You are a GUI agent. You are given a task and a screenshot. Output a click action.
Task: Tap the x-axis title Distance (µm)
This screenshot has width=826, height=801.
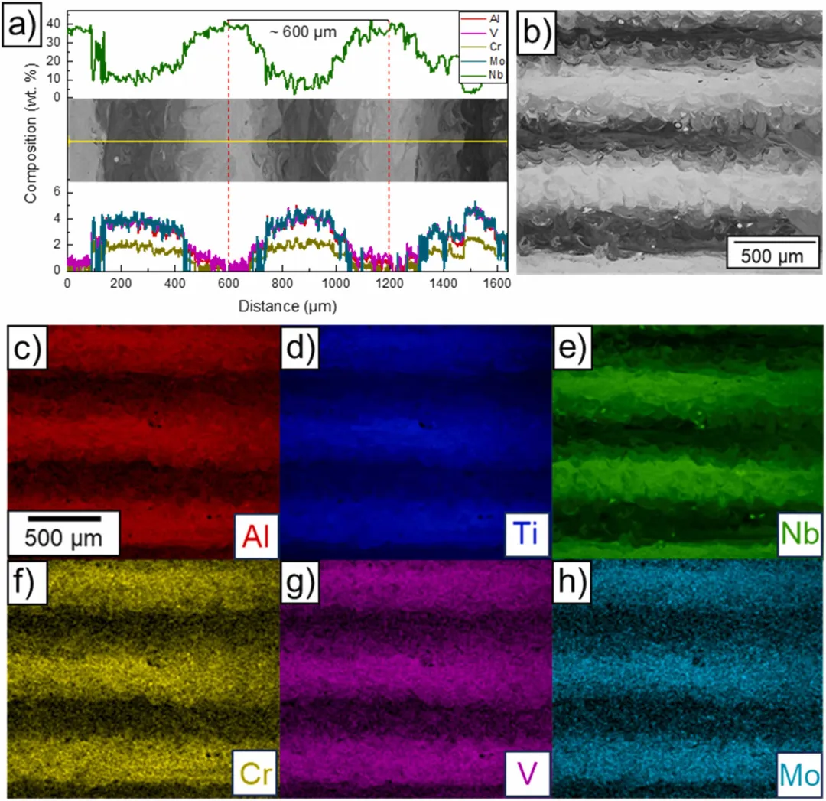pyautogui.click(x=286, y=305)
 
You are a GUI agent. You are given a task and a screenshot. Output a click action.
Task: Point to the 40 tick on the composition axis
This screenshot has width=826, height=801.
pyautogui.click(x=54, y=24)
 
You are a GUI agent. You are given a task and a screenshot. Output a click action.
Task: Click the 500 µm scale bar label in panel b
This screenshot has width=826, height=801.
pyautogui.click(x=765, y=256)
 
